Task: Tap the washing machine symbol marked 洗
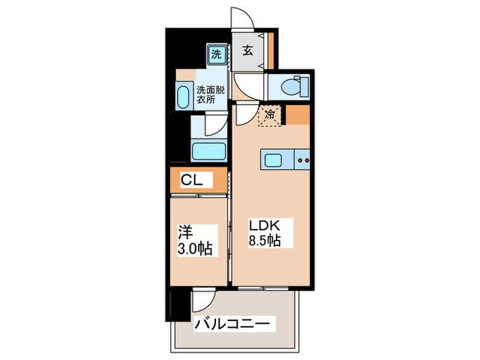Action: tap(216, 53)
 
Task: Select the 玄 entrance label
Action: tap(248, 51)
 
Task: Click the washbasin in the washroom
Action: tap(184, 95)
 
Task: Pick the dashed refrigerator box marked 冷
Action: tap(269, 115)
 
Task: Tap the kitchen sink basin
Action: tap(272, 161)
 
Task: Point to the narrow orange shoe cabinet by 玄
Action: tap(271, 51)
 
